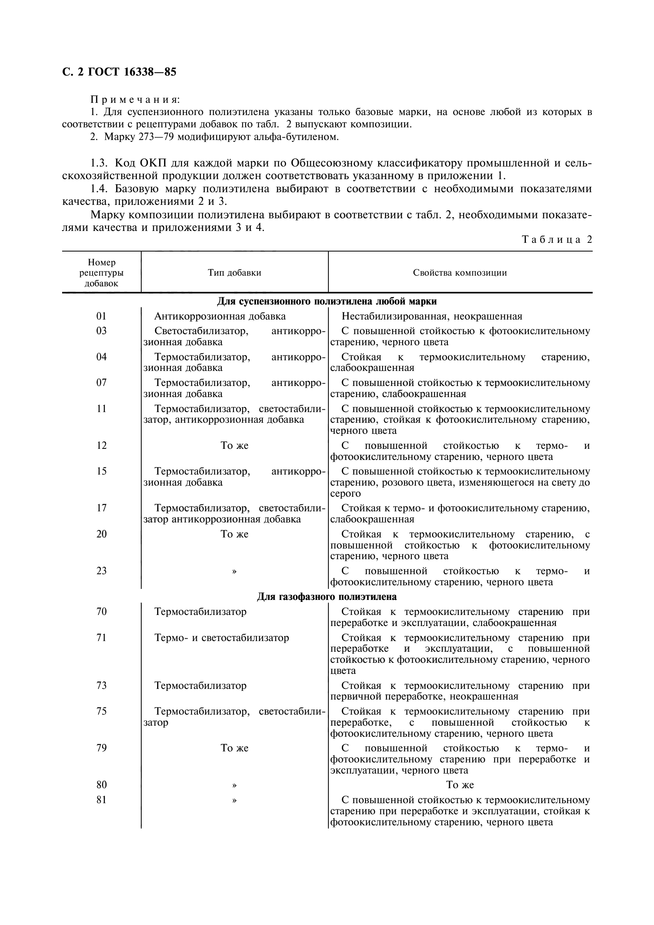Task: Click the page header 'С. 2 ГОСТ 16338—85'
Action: [x=119, y=72]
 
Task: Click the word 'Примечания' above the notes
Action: [x=135, y=99]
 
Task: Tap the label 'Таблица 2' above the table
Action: [x=557, y=240]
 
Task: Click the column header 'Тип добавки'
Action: [x=235, y=273]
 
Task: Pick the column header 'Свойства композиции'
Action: [x=460, y=273]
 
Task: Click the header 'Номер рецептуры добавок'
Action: [x=102, y=273]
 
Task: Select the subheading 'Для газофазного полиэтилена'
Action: [x=327, y=596]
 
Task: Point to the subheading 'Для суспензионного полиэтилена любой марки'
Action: [x=327, y=301]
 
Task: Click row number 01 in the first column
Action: [x=102, y=316]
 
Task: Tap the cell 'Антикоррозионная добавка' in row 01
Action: [x=220, y=316]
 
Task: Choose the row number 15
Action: [x=102, y=471]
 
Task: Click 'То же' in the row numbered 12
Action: [x=235, y=446]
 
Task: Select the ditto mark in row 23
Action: [x=235, y=571]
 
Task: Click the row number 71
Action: [x=102, y=638]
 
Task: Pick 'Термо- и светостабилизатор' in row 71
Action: [x=222, y=638]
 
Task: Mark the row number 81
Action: [x=102, y=800]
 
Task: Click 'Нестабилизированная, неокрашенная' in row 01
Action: [x=432, y=316]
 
